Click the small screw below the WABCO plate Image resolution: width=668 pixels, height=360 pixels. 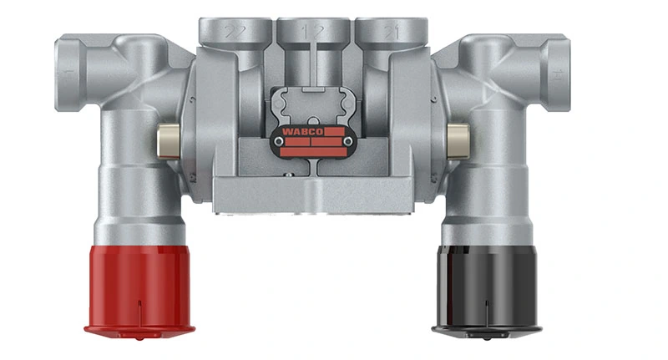[289, 175]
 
